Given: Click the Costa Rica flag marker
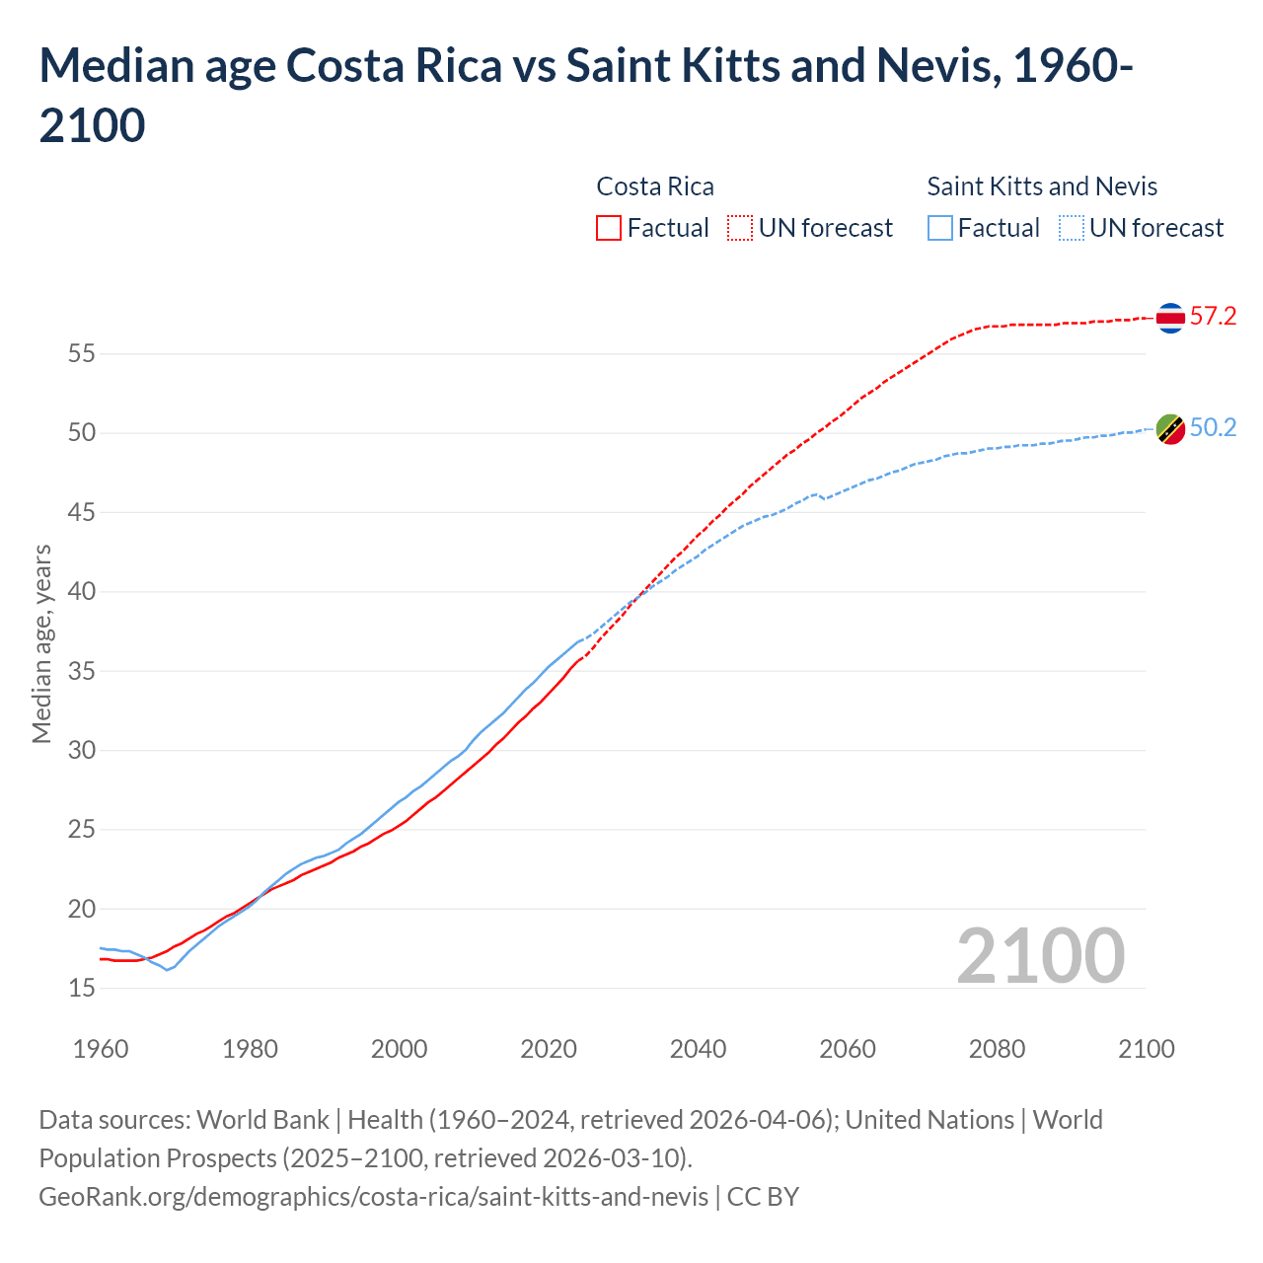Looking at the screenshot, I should pos(1170,318).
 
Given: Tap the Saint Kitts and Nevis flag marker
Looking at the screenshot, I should pos(1170,429).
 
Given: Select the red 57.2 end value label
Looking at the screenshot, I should pos(1213,317).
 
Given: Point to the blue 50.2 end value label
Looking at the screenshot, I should pos(1213,428).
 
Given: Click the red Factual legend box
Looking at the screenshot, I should pos(609,228).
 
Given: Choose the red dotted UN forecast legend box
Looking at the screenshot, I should pos(740,228).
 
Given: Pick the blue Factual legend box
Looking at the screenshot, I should pos(940,228).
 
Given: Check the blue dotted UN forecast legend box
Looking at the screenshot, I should pos(1071,228).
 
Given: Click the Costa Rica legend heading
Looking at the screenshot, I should pos(655,186).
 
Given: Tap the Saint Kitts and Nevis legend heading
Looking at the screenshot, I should pos(1042,186).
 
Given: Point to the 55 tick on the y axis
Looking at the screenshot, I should pos(81,353).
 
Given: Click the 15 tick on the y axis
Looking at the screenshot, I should pos(81,988).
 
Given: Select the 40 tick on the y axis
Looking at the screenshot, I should pos(81,592).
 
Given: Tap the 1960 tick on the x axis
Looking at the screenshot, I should pos(101,1049).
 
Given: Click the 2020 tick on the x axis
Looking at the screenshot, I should pos(549,1049).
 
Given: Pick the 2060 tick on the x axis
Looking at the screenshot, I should pos(848,1049).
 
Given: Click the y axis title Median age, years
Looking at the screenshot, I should pos(41,643).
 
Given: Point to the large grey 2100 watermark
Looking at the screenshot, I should pos(1040,956).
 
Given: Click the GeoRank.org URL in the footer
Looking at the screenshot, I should pos(373,1197).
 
